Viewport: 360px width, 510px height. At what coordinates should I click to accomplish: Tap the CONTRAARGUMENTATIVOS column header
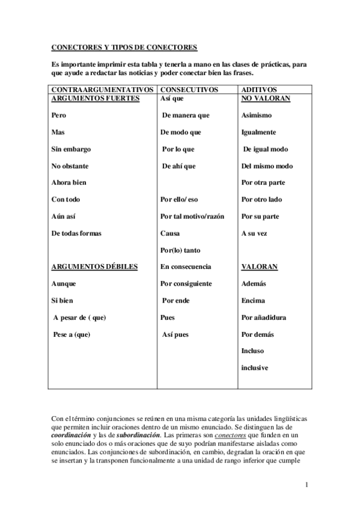100,89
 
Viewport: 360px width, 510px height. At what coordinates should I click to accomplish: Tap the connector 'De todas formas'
76,233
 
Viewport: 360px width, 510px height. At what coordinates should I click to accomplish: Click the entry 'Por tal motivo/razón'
192,216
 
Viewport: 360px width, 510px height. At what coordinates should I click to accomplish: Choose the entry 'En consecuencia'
185,266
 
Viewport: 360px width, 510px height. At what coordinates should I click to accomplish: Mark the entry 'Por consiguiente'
186,283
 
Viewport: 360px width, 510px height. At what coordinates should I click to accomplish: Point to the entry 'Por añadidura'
263,317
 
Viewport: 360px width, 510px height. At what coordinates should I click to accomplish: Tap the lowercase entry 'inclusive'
254,367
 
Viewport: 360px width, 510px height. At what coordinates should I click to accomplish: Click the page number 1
307,485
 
